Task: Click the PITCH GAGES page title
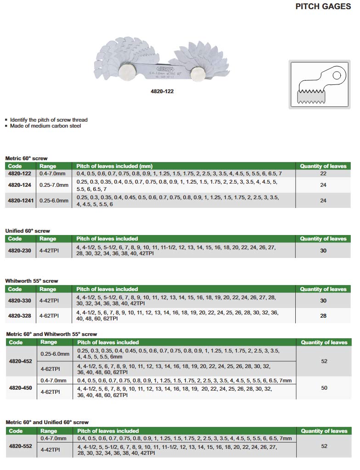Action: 323,7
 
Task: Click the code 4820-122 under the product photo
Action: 162,91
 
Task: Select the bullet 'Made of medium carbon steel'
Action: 45,126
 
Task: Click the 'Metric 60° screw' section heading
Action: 26,158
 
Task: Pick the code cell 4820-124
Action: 20,185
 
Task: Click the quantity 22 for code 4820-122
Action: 323,173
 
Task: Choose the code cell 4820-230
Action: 20,251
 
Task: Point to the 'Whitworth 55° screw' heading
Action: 32,281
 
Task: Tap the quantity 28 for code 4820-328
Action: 323,316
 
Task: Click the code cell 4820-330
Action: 20,301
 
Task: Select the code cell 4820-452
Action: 21,361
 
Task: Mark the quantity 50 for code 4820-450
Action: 324,388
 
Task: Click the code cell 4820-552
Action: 21,446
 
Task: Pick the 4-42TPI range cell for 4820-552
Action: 50,450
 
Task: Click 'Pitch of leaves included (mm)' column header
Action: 114,166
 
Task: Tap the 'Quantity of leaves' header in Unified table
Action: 323,239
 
